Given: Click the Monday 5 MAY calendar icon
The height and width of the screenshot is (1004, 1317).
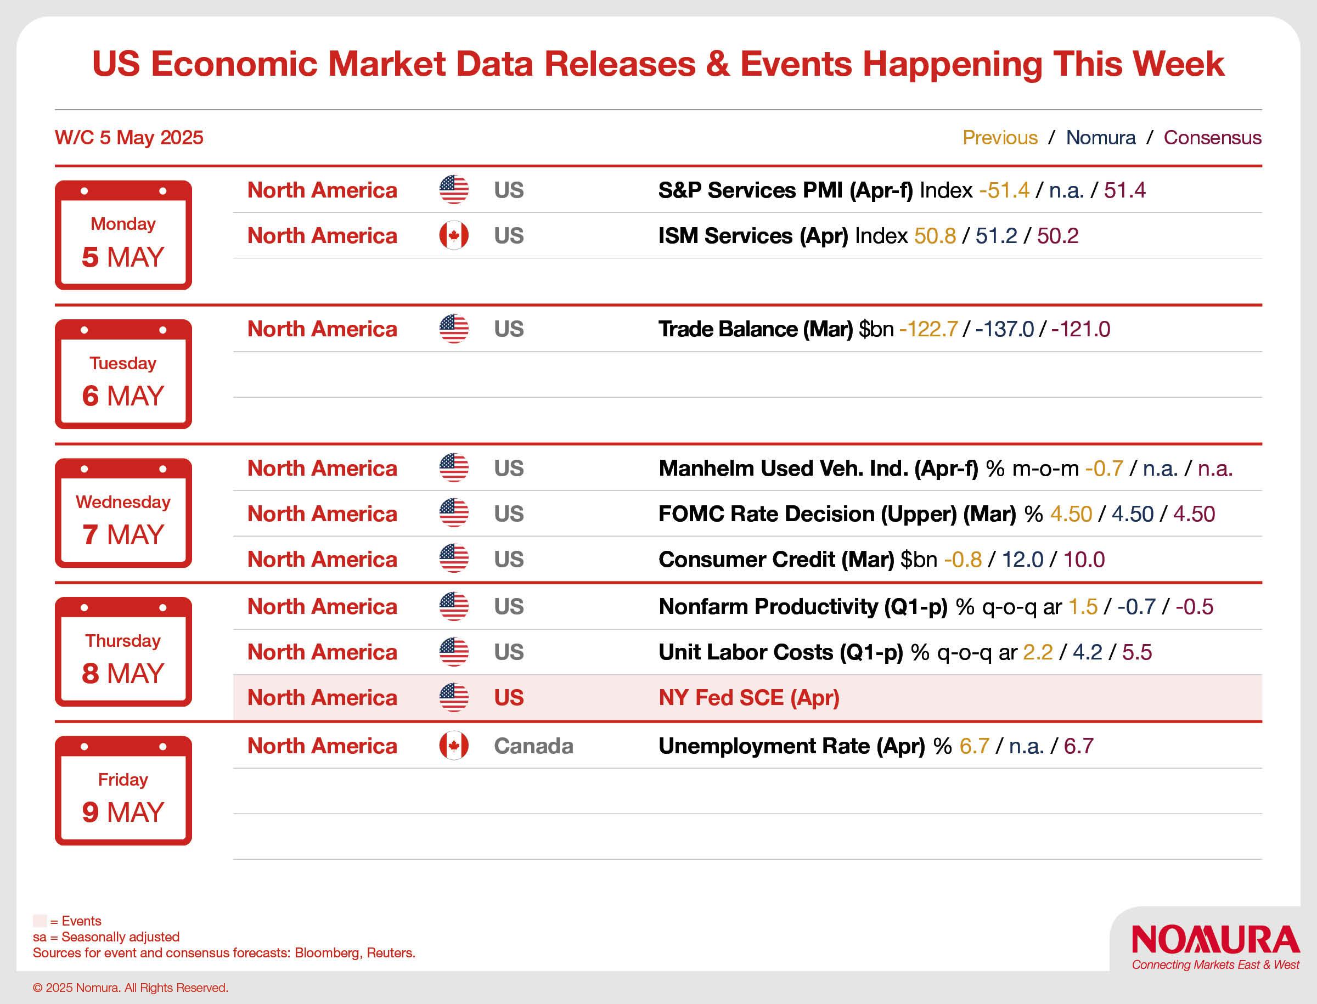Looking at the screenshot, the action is click(123, 235).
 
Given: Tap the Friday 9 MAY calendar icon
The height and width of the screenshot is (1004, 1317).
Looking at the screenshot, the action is click(123, 790).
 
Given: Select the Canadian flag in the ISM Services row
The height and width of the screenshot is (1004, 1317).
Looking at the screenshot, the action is click(454, 235).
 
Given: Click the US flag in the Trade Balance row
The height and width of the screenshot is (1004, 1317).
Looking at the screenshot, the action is click(454, 329).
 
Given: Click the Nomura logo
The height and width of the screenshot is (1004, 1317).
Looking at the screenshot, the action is click(1215, 940).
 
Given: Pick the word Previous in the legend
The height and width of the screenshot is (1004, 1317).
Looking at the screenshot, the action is click(1000, 138).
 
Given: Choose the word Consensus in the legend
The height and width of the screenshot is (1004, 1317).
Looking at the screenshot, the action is click(1212, 138).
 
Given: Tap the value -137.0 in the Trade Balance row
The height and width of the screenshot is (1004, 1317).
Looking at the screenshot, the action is click(1004, 329).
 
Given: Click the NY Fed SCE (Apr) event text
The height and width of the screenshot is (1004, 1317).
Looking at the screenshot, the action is click(749, 697).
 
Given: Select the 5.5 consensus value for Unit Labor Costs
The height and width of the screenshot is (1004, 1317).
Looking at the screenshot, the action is click(1136, 652).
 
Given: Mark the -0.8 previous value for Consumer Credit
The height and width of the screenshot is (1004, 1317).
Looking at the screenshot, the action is click(963, 560).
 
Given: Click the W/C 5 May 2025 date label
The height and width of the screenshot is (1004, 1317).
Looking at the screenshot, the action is click(129, 138).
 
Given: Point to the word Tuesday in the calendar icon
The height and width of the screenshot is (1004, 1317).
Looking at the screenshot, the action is click(123, 363).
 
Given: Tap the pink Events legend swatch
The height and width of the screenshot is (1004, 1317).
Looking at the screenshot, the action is click(40, 921).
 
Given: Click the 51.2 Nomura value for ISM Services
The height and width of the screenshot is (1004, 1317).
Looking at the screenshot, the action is click(997, 235).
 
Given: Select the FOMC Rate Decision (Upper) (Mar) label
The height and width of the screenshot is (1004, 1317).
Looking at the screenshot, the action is click(837, 514).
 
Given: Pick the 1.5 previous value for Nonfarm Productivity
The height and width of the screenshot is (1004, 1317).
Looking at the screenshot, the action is click(1083, 607).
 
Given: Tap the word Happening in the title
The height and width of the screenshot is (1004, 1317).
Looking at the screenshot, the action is click(952, 64).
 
